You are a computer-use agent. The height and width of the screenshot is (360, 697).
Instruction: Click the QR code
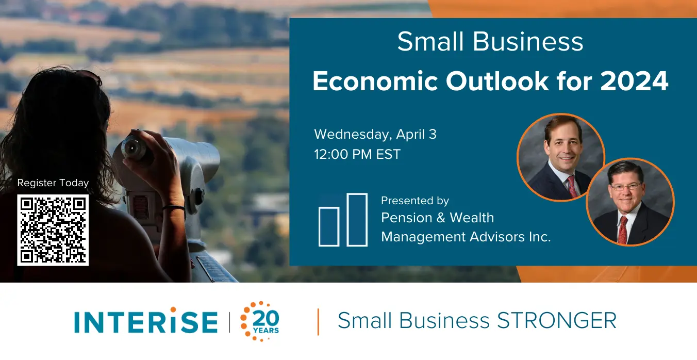pyautogui.click(x=53, y=230)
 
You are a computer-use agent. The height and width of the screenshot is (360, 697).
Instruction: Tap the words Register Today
pyautogui.click(x=53, y=183)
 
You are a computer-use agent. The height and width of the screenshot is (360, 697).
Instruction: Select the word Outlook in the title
pyautogui.click(x=496, y=81)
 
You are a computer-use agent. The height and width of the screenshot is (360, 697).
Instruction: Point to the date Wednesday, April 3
pyautogui.click(x=375, y=134)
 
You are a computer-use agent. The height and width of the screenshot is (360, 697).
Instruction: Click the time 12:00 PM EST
pyautogui.click(x=357, y=154)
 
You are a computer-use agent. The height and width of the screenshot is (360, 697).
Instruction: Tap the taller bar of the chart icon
pyautogui.click(x=357, y=220)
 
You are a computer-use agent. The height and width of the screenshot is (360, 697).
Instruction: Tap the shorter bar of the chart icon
pyautogui.click(x=329, y=226)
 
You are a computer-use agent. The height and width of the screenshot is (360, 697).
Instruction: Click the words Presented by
pyautogui.click(x=415, y=201)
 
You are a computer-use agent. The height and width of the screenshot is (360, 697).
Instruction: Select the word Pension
pyautogui.click(x=407, y=218)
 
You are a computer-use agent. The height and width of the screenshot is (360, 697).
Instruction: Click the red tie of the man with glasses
pyautogui.click(x=623, y=230)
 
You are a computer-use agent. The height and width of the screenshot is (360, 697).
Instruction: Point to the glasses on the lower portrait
pyautogui.click(x=626, y=187)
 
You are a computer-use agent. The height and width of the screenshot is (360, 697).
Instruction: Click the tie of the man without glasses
pyautogui.click(x=572, y=186)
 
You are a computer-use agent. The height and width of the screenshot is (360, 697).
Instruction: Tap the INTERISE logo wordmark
pyautogui.click(x=146, y=321)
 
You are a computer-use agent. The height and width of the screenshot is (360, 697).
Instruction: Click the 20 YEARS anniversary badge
pyautogui.click(x=260, y=321)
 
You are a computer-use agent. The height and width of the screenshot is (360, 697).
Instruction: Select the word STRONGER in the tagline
pyautogui.click(x=557, y=320)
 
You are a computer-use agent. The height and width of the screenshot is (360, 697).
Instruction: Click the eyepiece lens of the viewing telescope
pyautogui.click(x=133, y=148)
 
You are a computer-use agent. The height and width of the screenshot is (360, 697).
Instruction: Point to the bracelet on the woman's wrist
pyautogui.click(x=174, y=208)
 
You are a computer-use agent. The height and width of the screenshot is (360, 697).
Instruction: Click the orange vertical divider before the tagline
pyautogui.click(x=318, y=322)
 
